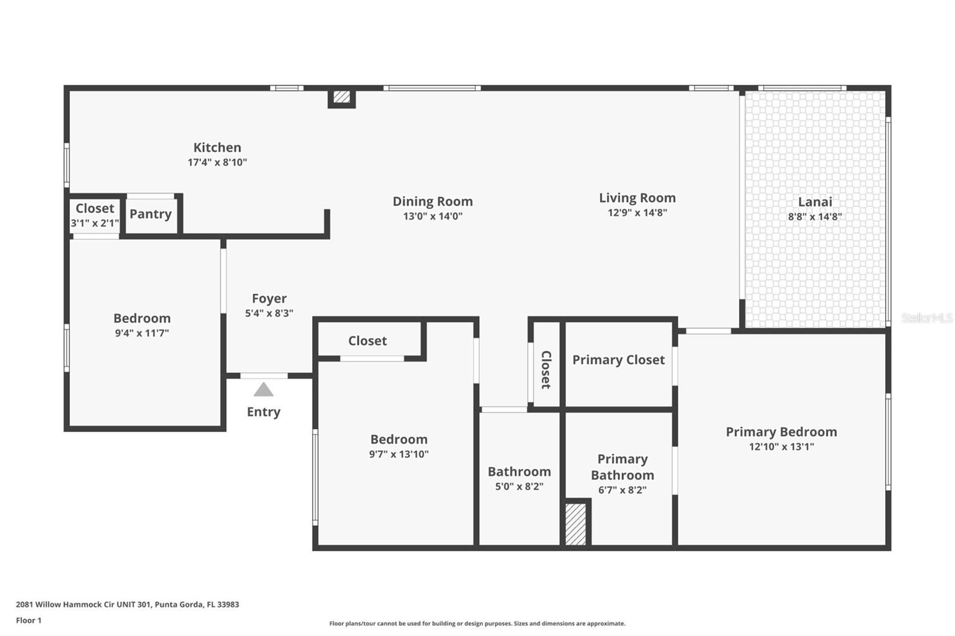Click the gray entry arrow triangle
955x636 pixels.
coord(263,390)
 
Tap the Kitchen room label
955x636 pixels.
coord(217,147)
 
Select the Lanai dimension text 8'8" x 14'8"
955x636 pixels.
coord(815,217)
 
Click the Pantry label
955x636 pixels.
coord(150,214)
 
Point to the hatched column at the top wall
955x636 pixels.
coord(341,97)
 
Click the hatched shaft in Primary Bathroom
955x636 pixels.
coord(575,524)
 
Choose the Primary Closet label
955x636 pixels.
coord(618,360)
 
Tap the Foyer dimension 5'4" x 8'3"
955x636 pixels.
coord(269,313)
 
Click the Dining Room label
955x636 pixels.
coord(433,201)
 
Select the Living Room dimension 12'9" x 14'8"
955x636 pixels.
coord(637,212)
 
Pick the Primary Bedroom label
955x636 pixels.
coord(781,432)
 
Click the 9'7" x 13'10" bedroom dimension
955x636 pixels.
coord(399,454)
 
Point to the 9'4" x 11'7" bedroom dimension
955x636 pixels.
coord(142,333)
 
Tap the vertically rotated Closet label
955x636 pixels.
coord(546,369)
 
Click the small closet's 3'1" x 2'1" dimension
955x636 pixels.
coord(95,223)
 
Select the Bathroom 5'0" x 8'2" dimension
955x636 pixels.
coord(519,486)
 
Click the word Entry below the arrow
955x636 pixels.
coord(263,412)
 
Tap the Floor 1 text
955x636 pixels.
coord(29,620)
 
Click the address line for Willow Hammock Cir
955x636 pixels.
coord(128,604)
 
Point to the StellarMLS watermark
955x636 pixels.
coord(926,317)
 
